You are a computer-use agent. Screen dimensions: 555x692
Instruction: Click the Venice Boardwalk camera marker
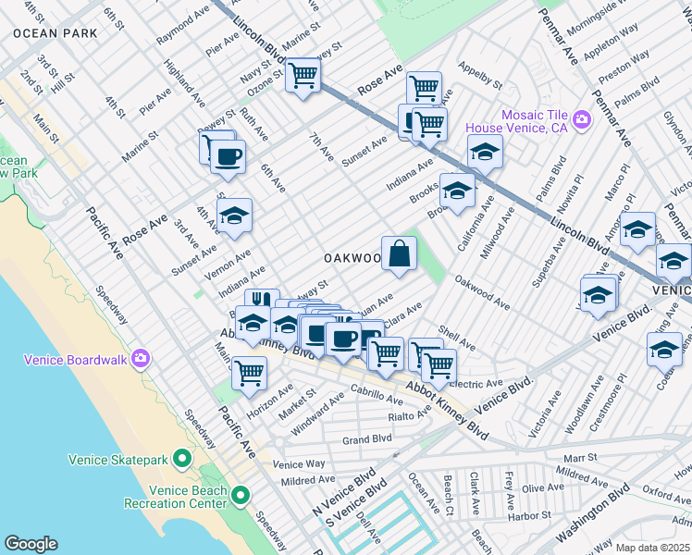[140, 358]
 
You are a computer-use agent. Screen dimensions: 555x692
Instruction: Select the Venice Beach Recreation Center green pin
[241, 497]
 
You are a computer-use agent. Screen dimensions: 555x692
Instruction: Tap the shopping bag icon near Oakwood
[399, 253]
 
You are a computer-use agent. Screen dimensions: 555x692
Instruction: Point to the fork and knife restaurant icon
[261, 302]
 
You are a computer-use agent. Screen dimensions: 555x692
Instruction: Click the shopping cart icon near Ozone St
[303, 75]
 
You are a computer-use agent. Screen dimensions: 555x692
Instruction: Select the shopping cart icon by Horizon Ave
[249, 372]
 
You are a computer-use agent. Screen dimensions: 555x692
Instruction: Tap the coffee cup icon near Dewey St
[228, 155]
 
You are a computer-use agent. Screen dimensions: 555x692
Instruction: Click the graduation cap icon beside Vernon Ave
[235, 216]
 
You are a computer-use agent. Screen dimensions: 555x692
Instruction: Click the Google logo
[31, 543]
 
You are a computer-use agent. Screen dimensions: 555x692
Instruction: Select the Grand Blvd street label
[367, 439]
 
